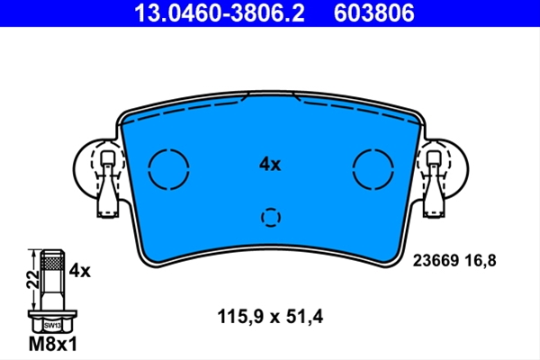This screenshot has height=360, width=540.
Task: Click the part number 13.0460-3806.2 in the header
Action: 220,13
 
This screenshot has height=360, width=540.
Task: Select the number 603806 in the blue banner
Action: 373,13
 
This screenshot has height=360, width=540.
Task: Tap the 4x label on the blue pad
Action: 270,165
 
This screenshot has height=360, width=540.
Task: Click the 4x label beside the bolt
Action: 79,271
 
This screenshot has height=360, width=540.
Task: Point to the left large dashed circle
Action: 148,169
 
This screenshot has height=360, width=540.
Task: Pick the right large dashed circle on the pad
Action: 353,169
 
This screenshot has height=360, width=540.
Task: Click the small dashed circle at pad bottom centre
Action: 262,218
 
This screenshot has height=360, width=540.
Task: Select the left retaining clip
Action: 107,184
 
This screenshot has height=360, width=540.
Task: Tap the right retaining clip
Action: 434,184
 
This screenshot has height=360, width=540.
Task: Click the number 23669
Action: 436,261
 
